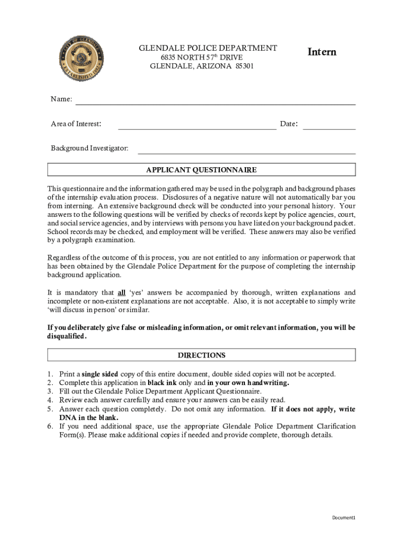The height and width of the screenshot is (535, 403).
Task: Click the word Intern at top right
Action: click(321, 52)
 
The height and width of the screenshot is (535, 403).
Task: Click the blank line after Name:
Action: click(216, 103)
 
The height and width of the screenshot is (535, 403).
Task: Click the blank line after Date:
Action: click(329, 126)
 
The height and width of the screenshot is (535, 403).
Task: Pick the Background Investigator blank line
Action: click(246, 152)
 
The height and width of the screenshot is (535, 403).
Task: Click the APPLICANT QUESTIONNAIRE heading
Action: click(201, 170)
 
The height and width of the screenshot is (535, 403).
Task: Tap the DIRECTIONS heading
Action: click(201, 355)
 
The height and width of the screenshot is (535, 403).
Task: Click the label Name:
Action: click(61, 99)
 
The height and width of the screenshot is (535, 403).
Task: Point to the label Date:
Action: click(289, 124)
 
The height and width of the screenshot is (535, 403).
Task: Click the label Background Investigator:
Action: click(89, 148)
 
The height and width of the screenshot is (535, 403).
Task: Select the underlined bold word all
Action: click(121, 293)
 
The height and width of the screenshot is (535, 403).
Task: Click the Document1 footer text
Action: click(344, 517)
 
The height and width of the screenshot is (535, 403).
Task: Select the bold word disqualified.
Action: click(66, 336)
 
